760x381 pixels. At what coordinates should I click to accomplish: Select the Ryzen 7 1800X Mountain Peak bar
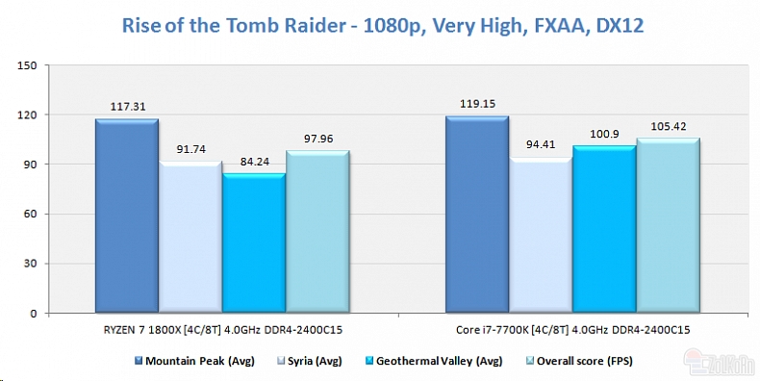pyautogui.click(x=126, y=216)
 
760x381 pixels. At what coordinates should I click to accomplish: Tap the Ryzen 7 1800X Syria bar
pyautogui.click(x=190, y=238)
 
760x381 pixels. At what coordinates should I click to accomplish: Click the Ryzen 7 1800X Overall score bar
pyautogui.click(x=317, y=233)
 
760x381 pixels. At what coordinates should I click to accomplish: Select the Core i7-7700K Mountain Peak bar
pyautogui.click(x=476, y=216)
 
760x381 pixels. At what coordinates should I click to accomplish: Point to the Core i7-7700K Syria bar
pyautogui.click(x=540, y=236)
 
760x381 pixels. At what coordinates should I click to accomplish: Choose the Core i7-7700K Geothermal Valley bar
pyautogui.click(x=603, y=230)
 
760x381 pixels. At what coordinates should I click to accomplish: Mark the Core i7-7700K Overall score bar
pyautogui.click(x=667, y=226)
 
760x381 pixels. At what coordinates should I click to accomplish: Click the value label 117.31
pyautogui.click(x=126, y=107)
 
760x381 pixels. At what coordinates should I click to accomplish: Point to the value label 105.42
pyautogui.click(x=667, y=126)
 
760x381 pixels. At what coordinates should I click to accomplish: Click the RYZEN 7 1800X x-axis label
pyautogui.click(x=221, y=330)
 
